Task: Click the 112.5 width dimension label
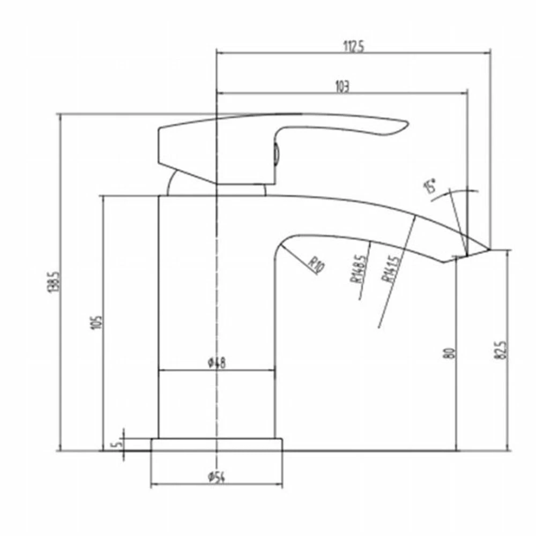pyautogui.click(x=353, y=46)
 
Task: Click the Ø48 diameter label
pyautogui.click(x=216, y=363)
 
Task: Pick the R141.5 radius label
pyautogui.click(x=390, y=270)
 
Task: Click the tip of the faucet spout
pyautogui.click(x=489, y=249)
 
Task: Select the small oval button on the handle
pyautogui.click(x=276, y=154)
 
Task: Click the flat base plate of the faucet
pyautogui.click(x=216, y=445)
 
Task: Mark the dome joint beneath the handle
pyautogui.click(x=177, y=185)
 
